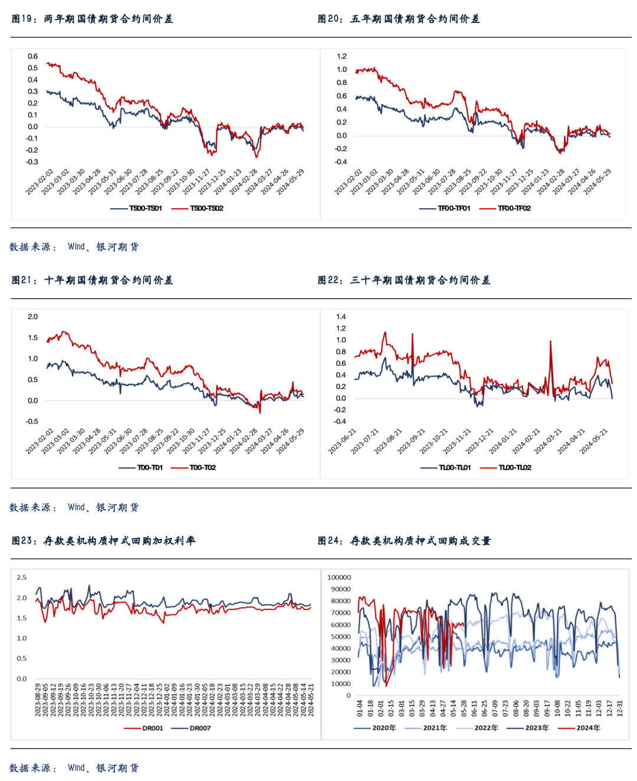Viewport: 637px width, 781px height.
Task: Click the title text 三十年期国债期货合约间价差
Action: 420,280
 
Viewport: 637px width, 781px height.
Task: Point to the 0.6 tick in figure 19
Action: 32,57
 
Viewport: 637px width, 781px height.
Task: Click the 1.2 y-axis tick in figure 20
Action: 342,57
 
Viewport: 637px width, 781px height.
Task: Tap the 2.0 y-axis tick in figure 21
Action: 32,317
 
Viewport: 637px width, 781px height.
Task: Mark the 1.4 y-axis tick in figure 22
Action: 341,317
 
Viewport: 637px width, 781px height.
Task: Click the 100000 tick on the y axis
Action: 339,578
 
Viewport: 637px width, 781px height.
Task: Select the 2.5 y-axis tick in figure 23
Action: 22,578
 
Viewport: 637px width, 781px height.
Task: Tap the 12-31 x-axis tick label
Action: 619,707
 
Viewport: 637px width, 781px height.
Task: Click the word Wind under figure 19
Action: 76,246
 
